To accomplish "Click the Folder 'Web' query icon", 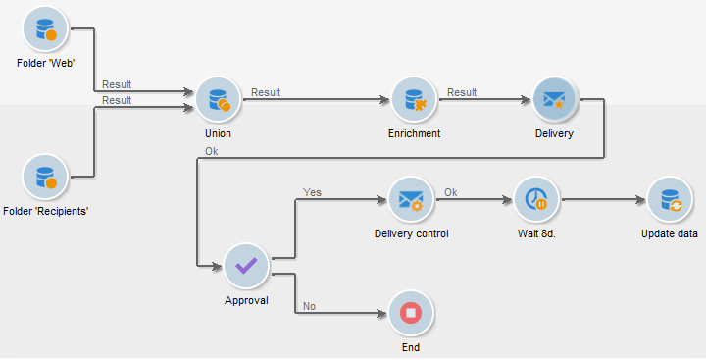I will (x=45, y=28).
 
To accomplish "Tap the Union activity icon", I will (x=218, y=100).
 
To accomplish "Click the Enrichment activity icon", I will (x=414, y=100).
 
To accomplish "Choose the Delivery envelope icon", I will (x=555, y=100).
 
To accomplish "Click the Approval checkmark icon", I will (x=246, y=266).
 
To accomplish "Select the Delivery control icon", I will (x=412, y=200).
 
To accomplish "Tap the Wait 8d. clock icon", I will (x=536, y=200).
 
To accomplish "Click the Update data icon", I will (x=670, y=200).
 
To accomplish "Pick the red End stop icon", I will (x=412, y=315).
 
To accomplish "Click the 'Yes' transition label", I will (x=312, y=192).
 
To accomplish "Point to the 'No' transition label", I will (x=309, y=306).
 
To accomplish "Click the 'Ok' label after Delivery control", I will (x=451, y=192).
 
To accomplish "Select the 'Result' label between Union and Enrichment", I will (x=266, y=92).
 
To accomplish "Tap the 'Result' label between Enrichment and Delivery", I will (x=462, y=92).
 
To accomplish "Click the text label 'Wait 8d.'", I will (x=536, y=233).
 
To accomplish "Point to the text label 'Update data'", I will (x=670, y=233).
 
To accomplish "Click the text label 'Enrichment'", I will (x=414, y=132).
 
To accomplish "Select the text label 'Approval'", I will (x=246, y=299).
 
